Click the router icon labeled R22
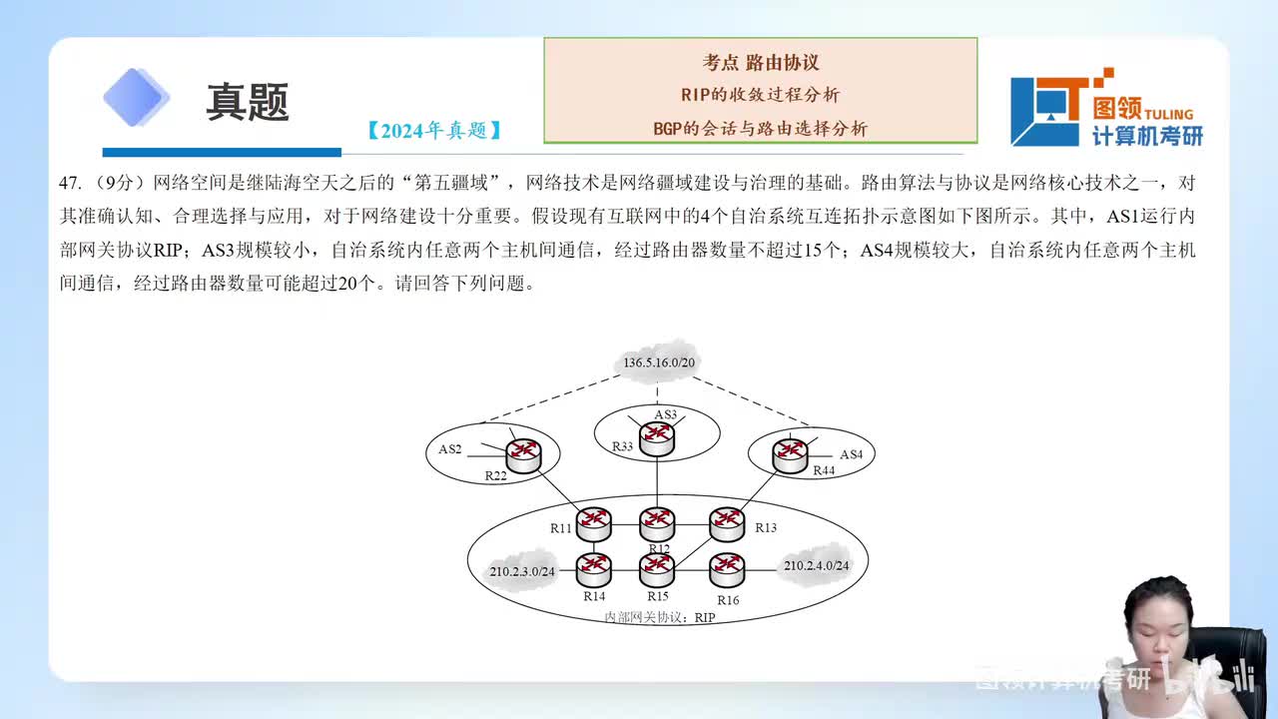[523, 454]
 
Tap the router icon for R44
[791, 454]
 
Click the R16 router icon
[727, 569]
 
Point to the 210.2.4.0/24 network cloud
[816, 565]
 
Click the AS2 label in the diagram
[450, 449]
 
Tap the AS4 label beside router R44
[851, 454]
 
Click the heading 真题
[248, 102]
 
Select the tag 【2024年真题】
[433, 130]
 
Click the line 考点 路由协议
[761, 62]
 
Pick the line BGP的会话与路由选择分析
[761, 128]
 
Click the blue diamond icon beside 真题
[137, 98]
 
